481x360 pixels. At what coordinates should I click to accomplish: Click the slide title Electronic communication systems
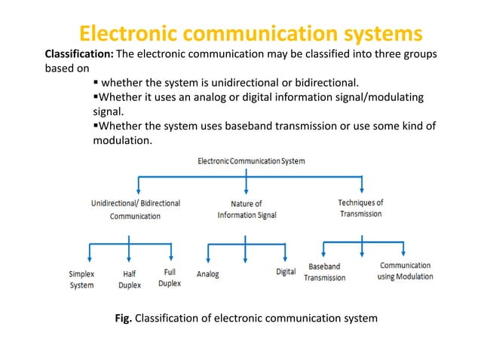point(251,34)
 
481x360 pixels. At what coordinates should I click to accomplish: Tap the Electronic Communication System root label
point(251,160)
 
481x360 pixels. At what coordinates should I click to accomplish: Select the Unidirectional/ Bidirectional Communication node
point(136,209)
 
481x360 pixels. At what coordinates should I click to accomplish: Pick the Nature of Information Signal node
point(247,209)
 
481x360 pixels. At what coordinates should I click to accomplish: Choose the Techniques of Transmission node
point(360,208)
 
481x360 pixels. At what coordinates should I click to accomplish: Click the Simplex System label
point(81,280)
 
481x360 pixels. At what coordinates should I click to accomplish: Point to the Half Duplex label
point(129,280)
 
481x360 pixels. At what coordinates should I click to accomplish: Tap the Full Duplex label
point(170,278)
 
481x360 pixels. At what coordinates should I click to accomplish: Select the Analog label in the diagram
point(207,274)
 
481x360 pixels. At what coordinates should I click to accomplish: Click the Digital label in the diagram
point(286,272)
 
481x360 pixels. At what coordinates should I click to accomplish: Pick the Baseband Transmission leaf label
point(324,272)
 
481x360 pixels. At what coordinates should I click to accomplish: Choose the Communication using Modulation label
point(405,271)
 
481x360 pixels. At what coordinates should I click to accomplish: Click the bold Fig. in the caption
point(123,319)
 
